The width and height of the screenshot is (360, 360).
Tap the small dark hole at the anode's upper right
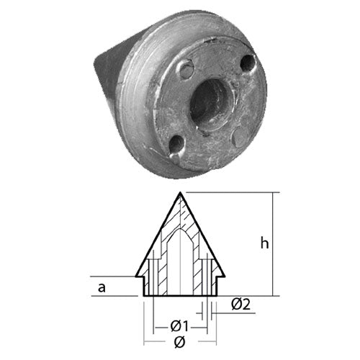point(248,63)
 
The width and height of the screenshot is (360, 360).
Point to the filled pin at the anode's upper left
point(186,69)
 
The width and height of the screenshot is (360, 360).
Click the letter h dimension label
point(264,244)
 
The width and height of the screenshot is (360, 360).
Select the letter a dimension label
point(102,287)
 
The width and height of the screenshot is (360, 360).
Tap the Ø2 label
point(240,305)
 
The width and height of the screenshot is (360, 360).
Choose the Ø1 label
point(179,327)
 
